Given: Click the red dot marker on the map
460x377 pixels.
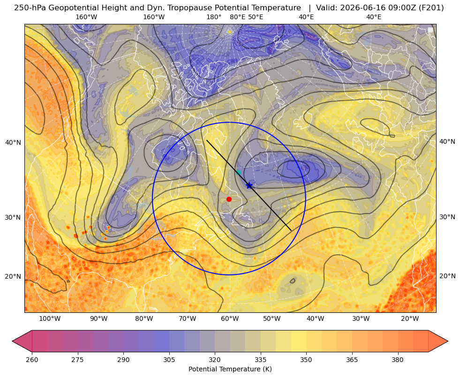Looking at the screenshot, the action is pos(229,199).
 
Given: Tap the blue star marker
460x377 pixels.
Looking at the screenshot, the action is pos(249,185).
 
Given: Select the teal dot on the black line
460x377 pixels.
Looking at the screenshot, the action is pos(239,172).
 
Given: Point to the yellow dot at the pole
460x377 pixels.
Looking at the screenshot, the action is pos(230,32).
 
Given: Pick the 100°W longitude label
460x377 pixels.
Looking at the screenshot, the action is pos(50,318).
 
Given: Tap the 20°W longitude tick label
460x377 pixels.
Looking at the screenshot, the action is pos(410,318).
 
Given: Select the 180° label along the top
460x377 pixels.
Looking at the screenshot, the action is pos(214,17).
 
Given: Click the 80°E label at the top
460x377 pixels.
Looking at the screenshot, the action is pos(237,17).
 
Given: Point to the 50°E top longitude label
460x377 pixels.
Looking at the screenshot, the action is pos(256,17).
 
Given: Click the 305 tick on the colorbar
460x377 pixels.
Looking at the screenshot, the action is pos(169,360).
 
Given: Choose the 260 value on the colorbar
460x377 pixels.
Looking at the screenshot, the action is pos(32,360).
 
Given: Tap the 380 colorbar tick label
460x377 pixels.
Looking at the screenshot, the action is pos(398,360).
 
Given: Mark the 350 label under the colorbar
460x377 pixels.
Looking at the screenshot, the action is pos(306,360).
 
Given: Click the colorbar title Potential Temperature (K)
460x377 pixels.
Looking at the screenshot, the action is pos(230,369).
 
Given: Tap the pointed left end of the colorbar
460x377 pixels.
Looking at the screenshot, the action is pos(13,341).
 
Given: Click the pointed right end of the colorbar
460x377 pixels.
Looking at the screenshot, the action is pos(448,341).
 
